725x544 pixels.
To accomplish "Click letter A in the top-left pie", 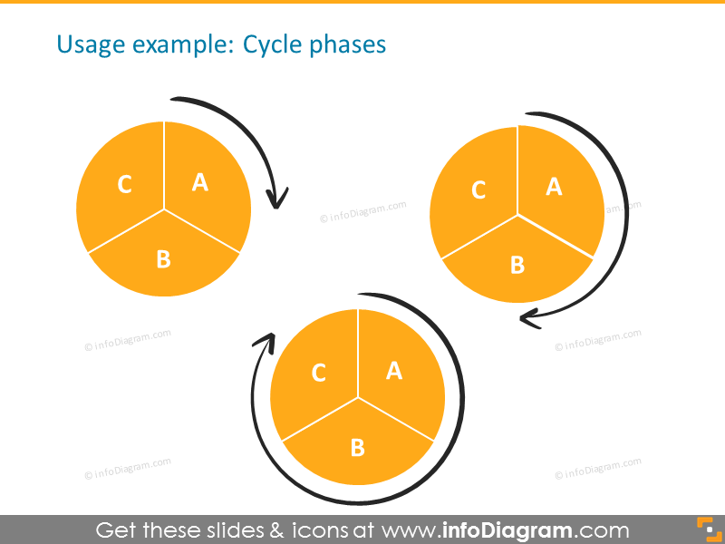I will pyautogui.click(x=200, y=182).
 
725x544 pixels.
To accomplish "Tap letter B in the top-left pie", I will pyautogui.click(x=163, y=259).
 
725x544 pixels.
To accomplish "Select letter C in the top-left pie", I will pyautogui.click(x=125, y=185).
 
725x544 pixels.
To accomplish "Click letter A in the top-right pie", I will pyautogui.click(x=554, y=187).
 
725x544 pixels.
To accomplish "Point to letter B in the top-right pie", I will pyautogui.click(x=517, y=265).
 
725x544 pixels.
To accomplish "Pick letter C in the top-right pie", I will pyautogui.click(x=478, y=190).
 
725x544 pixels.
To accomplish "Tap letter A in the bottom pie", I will pyautogui.click(x=394, y=370).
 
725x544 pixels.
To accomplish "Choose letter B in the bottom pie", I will pyautogui.click(x=357, y=447).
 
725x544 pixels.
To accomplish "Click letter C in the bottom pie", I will pyautogui.click(x=318, y=373).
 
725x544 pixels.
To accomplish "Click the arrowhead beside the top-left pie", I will pyautogui.click(x=276, y=199).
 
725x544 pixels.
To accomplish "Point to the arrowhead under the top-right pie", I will pyautogui.click(x=529, y=317).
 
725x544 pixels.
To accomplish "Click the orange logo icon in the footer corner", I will pyautogui.click(x=707, y=529).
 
